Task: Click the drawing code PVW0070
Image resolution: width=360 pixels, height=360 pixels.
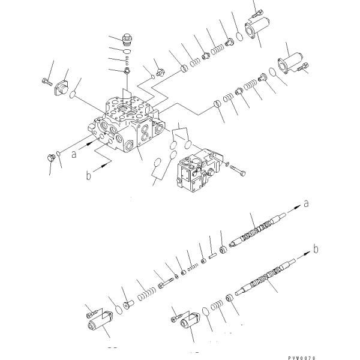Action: point(332,356)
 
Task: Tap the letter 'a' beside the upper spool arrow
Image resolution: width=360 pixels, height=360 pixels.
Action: point(307,204)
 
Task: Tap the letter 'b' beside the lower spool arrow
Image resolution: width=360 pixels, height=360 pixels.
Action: point(317,247)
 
